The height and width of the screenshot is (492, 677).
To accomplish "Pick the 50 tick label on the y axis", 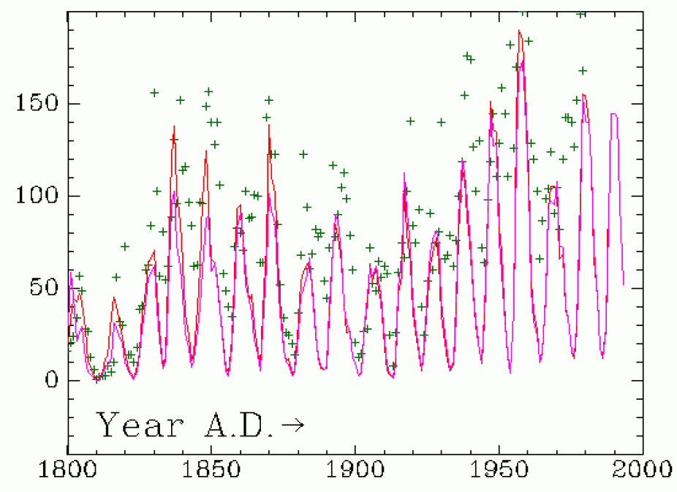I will [x=38, y=288].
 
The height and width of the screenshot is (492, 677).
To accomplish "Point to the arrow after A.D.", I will [x=293, y=425].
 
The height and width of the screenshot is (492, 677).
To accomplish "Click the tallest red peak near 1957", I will [x=519, y=31].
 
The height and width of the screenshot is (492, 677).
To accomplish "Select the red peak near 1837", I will [x=174, y=126].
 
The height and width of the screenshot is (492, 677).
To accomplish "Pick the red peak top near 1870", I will [x=268, y=124].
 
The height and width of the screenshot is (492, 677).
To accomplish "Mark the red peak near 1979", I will [x=583, y=94].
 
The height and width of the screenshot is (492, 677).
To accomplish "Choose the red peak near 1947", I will [x=491, y=102].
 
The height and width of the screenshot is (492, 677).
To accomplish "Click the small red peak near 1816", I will [x=114, y=298].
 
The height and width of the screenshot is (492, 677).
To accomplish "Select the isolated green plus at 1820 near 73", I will [x=125, y=246].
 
